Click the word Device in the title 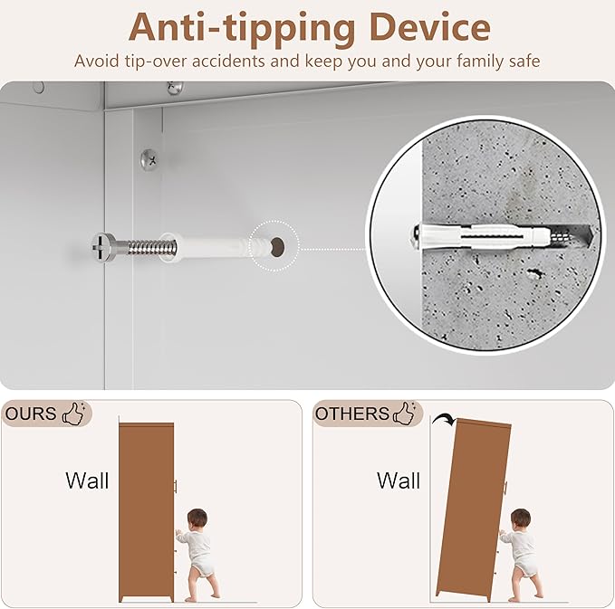[x=430, y=27]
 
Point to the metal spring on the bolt [x=152, y=248]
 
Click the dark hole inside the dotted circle [x=278, y=247]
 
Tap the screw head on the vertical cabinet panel [x=149, y=159]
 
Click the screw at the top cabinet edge [x=175, y=88]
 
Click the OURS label [x=31, y=414]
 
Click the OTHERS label [x=351, y=414]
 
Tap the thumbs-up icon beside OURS [x=74, y=413]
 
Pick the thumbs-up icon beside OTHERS [x=405, y=413]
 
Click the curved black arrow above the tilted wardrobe [x=444, y=419]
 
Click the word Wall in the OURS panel [x=87, y=481]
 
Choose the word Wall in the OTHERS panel [x=399, y=481]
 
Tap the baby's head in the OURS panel [x=197, y=519]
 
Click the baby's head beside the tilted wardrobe [x=521, y=519]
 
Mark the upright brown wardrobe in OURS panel [x=147, y=512]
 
